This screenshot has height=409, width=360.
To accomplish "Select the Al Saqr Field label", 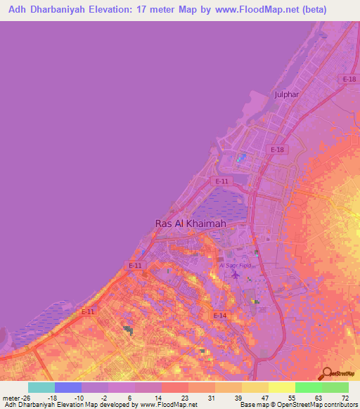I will [x=236, y=265].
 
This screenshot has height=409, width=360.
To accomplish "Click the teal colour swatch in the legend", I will [x=41, y=387].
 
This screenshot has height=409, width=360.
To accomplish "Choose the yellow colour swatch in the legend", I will [x=281, y=387].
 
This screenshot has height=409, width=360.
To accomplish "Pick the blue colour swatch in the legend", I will [x=68, y=387].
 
